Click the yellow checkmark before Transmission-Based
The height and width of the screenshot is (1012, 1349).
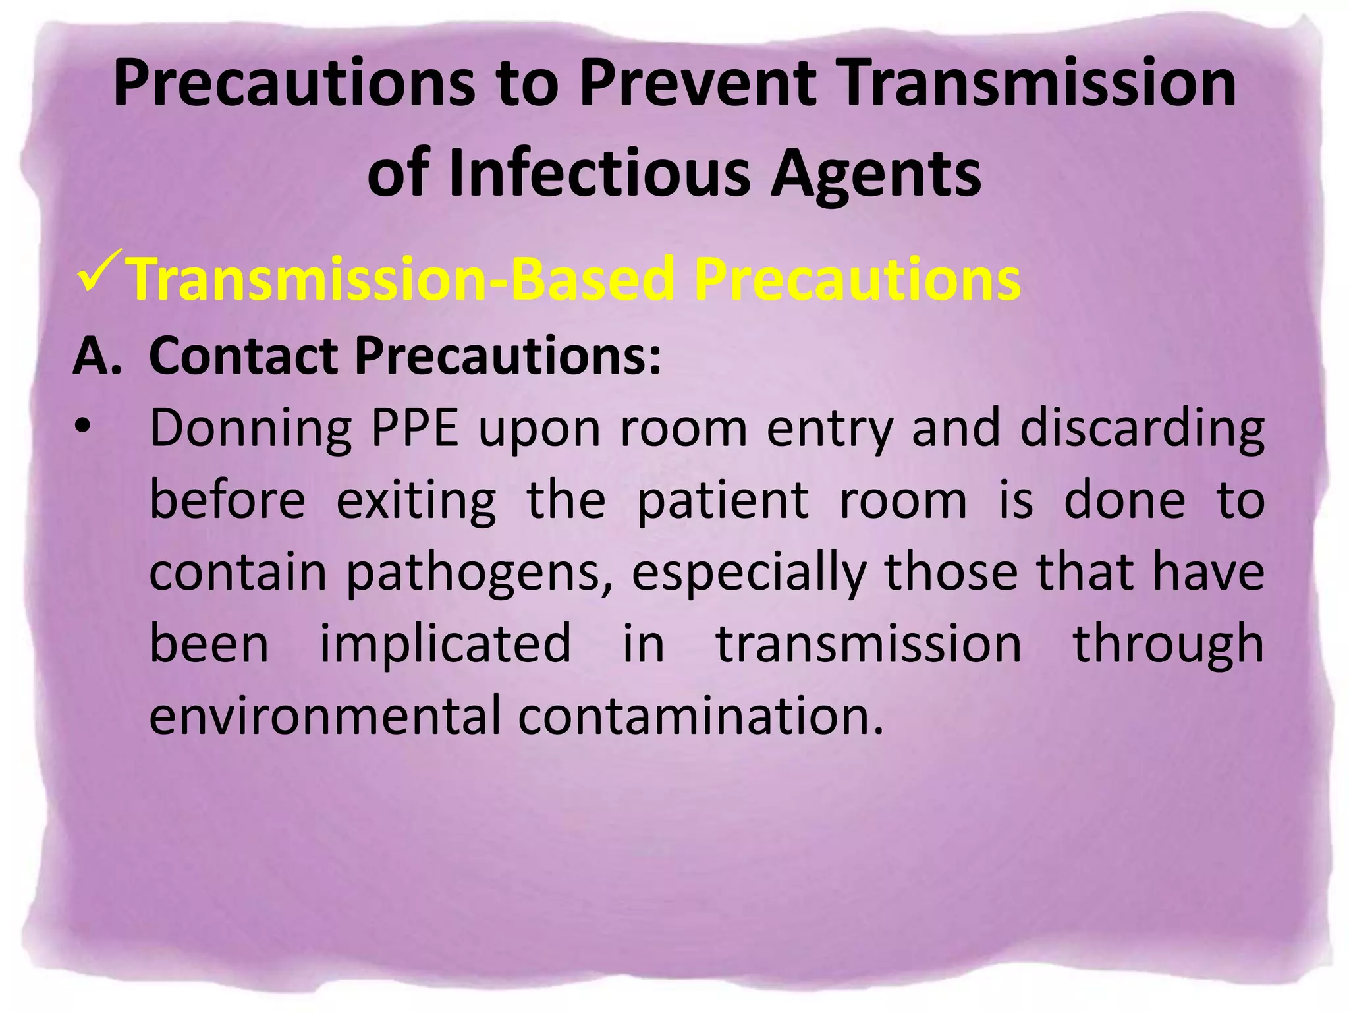tap(99, 271)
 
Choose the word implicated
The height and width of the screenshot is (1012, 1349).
tap(446, 644)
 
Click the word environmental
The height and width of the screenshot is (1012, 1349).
tap(325, 716)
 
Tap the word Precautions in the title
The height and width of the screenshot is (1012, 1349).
tap(294, 84)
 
